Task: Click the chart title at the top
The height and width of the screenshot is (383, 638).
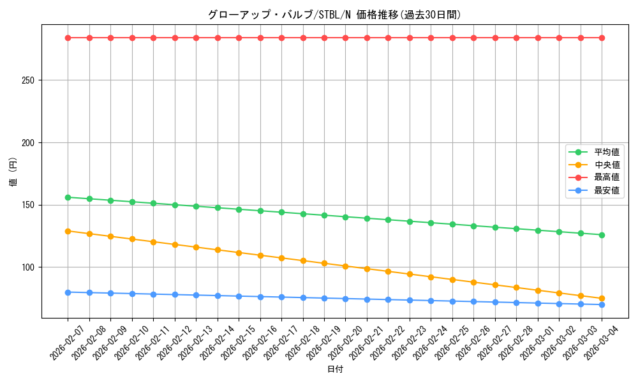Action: pos(334,15)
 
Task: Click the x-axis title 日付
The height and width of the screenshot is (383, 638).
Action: pos(335,370)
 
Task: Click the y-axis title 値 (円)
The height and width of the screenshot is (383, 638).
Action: pos(13,172)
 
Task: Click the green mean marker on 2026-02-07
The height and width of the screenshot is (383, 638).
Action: pos(68,197)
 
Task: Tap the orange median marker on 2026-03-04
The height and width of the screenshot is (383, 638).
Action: pos(602,299)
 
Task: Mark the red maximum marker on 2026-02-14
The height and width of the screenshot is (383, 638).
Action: pos(218,38)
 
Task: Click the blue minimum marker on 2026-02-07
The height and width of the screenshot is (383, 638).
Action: pos(68,292)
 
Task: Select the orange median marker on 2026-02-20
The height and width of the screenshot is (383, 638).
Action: pos(345,266)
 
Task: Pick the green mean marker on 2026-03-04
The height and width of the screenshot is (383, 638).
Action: pos(602,235)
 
